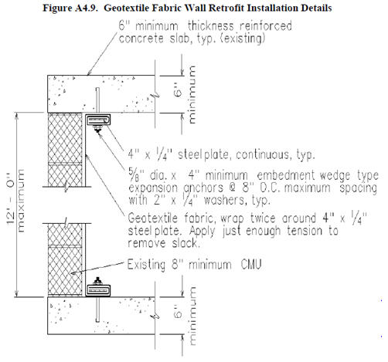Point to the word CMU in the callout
click(251, 264)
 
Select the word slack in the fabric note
click(185, 243)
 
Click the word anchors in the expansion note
click(203, 188)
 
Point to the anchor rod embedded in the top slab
click(97, 101)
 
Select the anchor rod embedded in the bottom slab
click(97, 309)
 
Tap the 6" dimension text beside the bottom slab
click(178, 312)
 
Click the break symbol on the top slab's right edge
click(155, 96)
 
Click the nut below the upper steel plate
click(97, 129)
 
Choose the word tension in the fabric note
click(306, 231)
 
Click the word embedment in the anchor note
click(286, 175)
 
